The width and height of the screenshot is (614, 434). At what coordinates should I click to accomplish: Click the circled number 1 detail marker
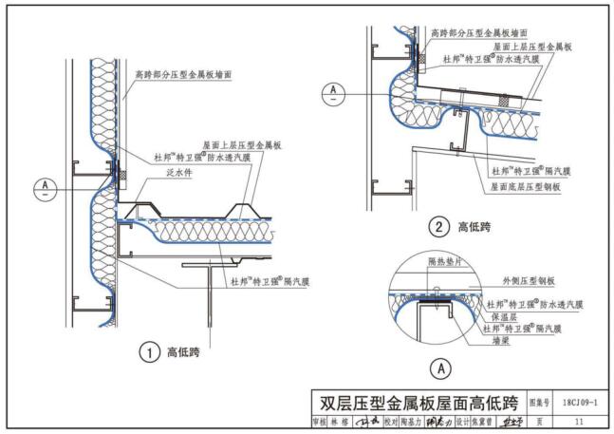pos(150,353)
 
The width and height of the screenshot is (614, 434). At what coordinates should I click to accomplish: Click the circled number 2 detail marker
pos(438,227)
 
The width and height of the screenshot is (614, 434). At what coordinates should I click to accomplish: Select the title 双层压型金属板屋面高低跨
pos(419,401)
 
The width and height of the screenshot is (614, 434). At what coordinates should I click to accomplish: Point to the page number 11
pos(578,421)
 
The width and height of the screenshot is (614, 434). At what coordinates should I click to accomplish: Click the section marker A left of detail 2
pos(333,92)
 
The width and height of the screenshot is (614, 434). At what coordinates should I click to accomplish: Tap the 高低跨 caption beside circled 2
pos(474,227)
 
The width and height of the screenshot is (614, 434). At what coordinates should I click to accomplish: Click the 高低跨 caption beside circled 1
pos(183,353)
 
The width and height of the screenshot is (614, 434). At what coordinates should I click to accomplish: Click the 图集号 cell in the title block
pos(539,401)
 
